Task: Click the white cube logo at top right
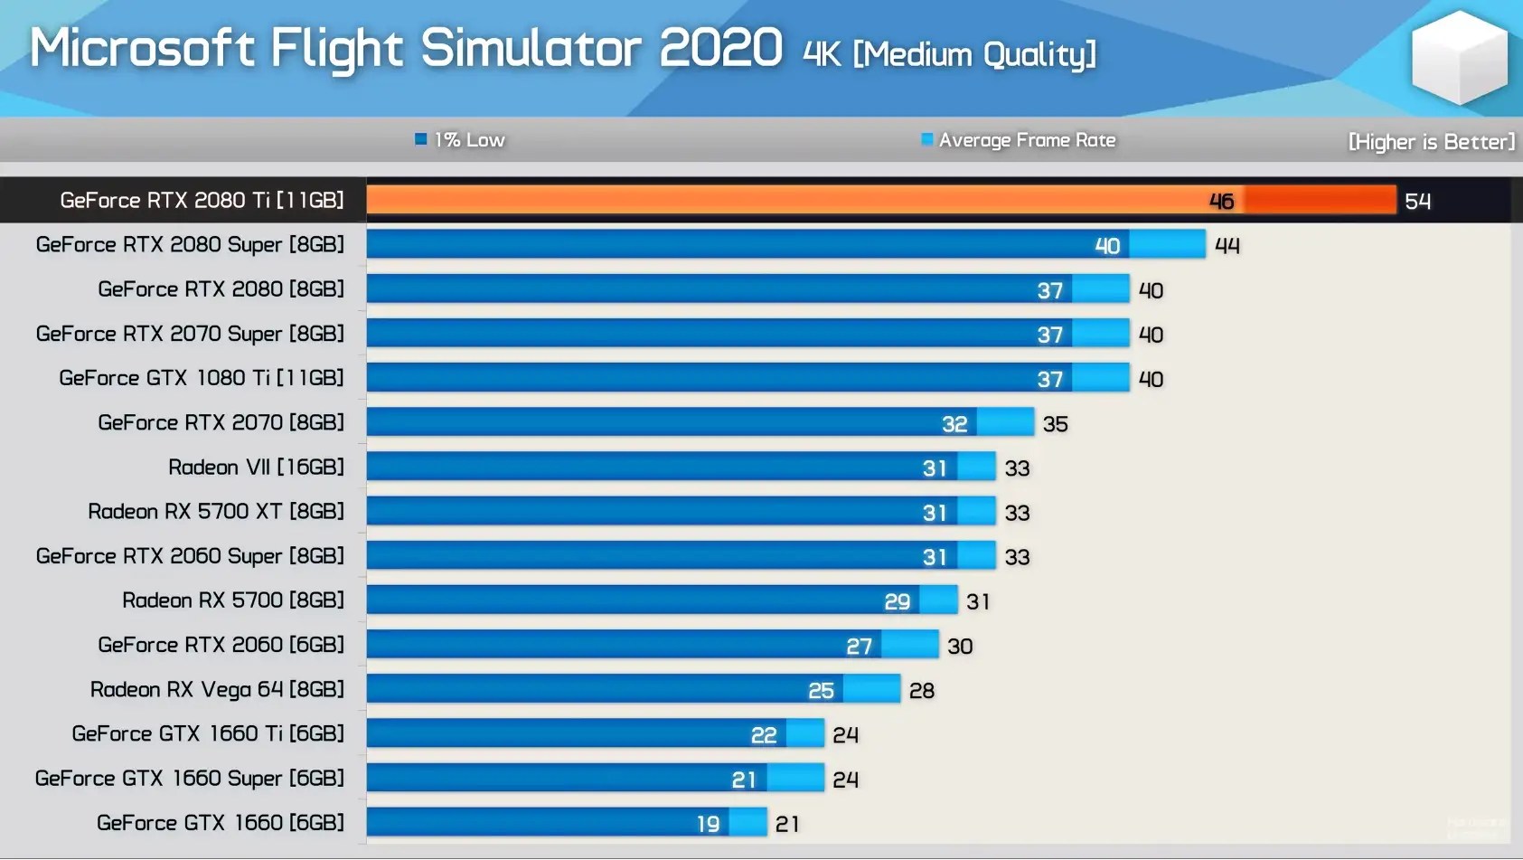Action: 1459,57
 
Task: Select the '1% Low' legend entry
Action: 460,140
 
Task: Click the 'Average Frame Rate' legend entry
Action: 1019,140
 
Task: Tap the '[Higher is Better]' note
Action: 1431,142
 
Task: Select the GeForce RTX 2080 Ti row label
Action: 202,200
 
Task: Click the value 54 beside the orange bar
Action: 1417,202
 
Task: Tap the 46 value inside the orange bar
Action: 1221,202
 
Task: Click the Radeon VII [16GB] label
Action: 256,467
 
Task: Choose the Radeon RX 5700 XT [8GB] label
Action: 216,511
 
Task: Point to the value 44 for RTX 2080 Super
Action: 1227,246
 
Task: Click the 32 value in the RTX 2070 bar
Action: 954,424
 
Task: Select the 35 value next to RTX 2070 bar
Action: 1055,424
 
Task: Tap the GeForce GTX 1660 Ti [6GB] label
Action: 208,733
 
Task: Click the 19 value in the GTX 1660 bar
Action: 708,824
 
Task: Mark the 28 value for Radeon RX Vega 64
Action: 921,691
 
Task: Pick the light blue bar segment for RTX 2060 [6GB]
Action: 910,645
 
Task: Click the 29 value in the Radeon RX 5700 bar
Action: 897,601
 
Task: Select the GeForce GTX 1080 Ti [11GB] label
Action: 202,378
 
